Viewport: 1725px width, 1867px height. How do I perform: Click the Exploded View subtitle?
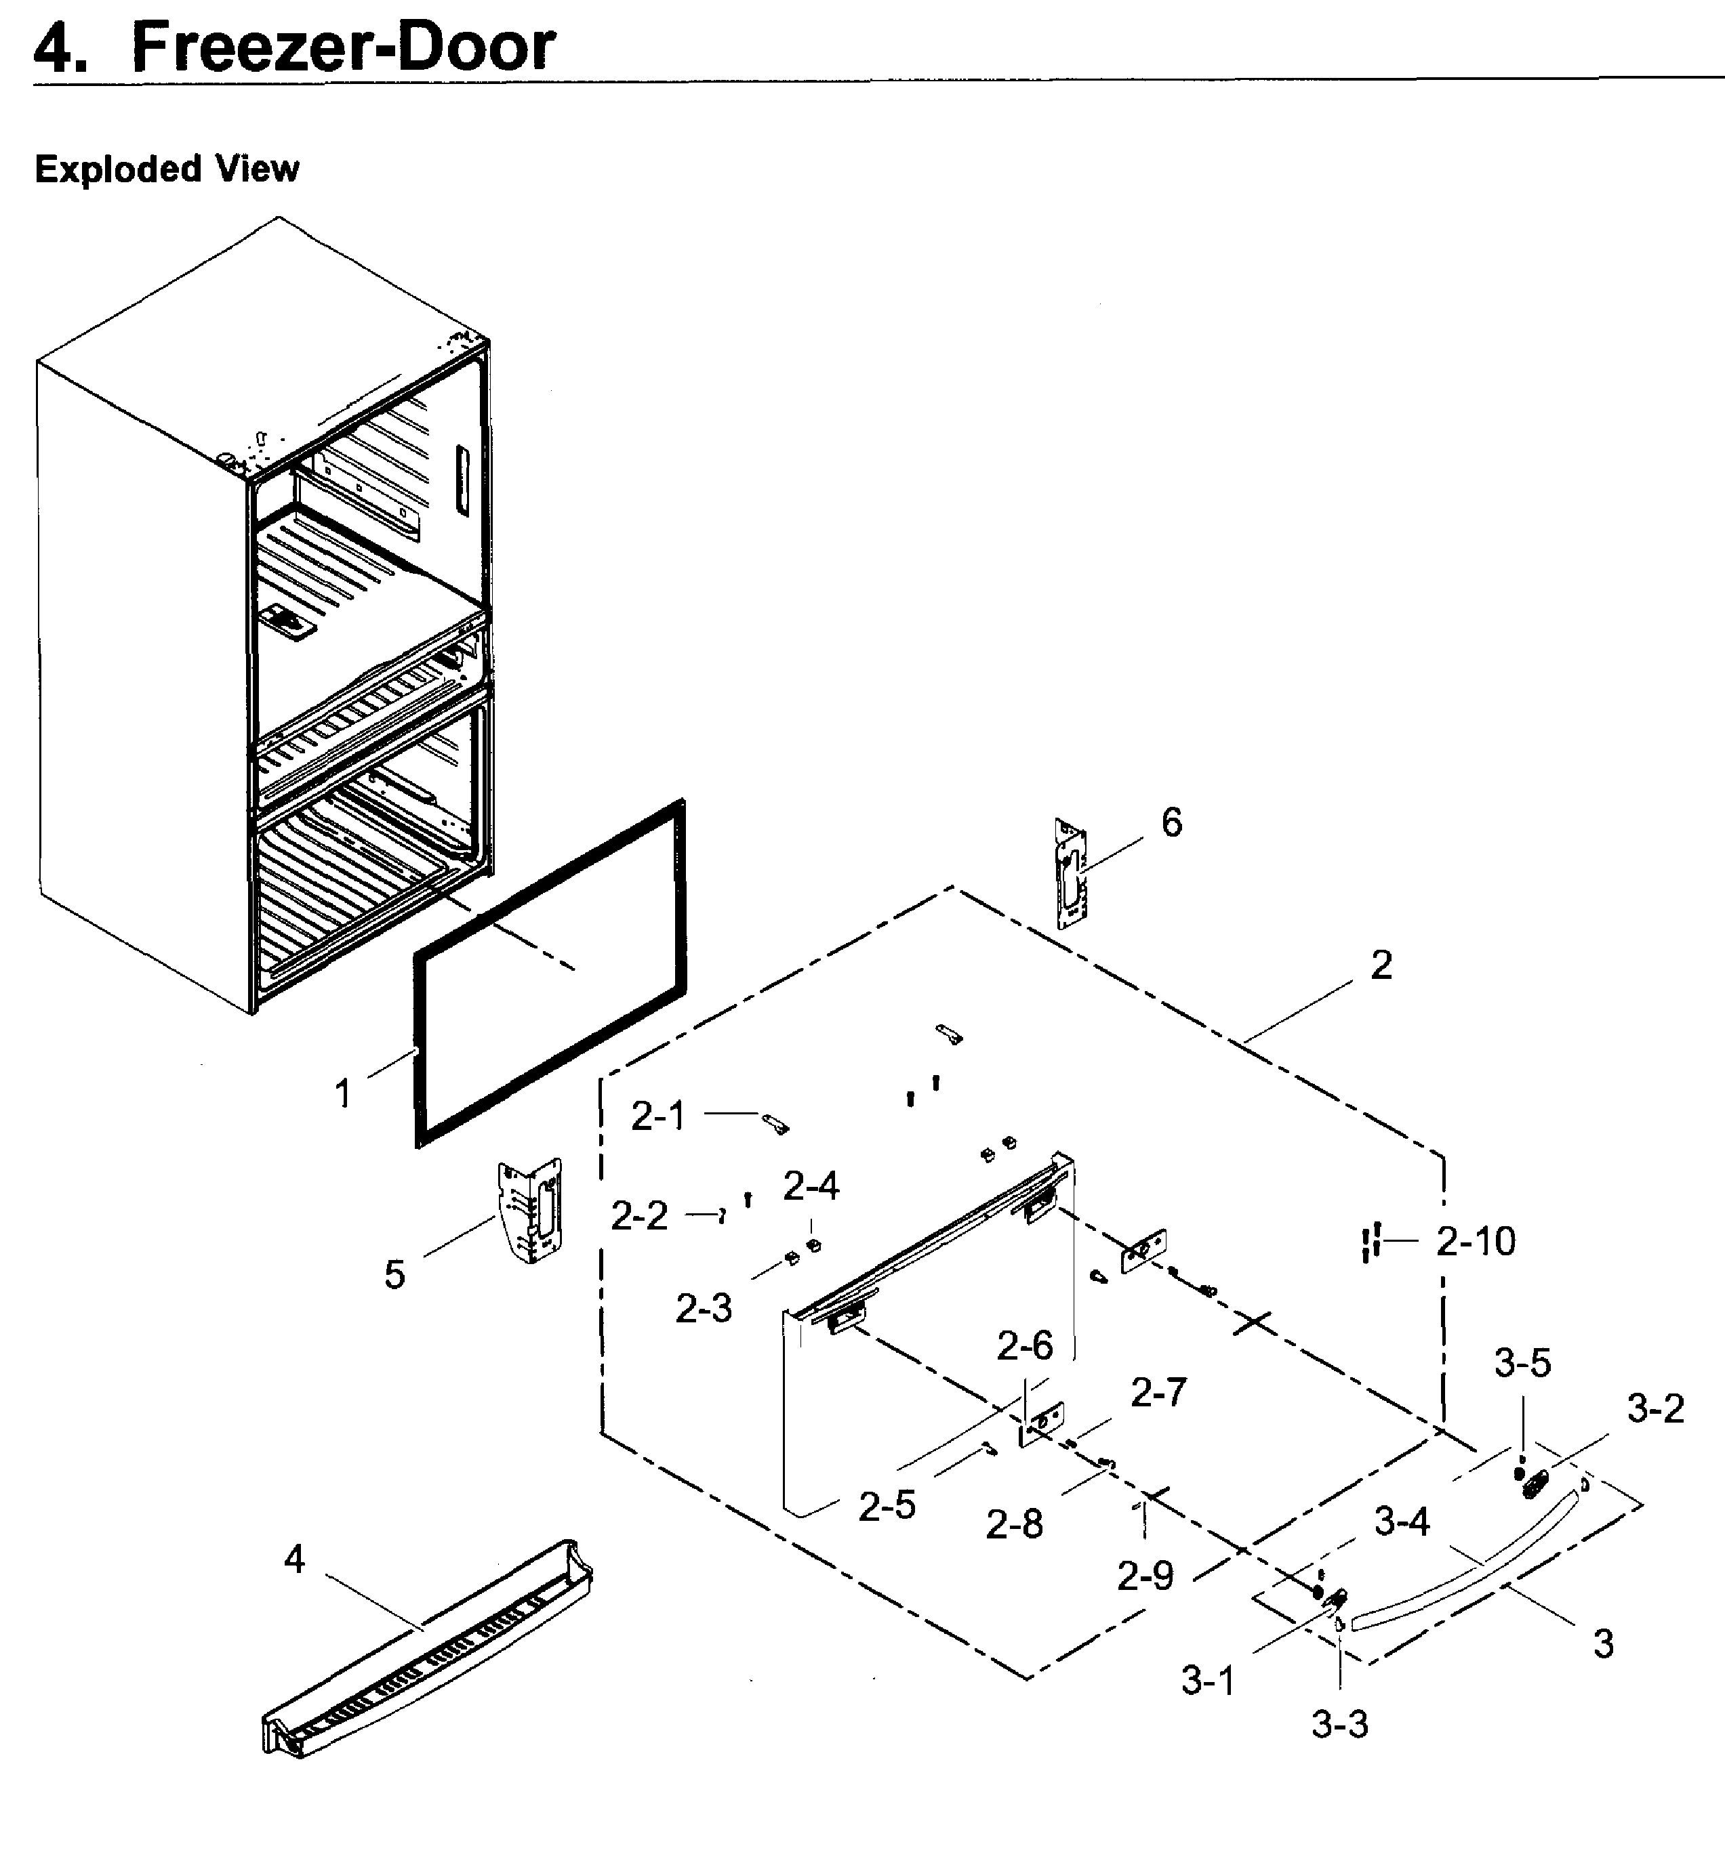tap(167, 169)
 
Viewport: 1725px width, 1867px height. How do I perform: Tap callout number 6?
tap(1171, 822)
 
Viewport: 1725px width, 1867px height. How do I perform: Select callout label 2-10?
tap(1476, 1241)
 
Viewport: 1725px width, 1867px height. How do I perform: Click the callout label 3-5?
tap(1522, 1363)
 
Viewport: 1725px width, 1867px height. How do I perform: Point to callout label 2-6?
tap(1024, 1345)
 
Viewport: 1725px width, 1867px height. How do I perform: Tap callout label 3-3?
tap(1339, 1724)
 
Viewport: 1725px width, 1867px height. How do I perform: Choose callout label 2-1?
tap(658, 1116)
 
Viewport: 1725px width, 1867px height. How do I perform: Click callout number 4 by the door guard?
tap(294, 1558)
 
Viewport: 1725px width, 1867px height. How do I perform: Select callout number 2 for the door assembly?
tap(1381, 965)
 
